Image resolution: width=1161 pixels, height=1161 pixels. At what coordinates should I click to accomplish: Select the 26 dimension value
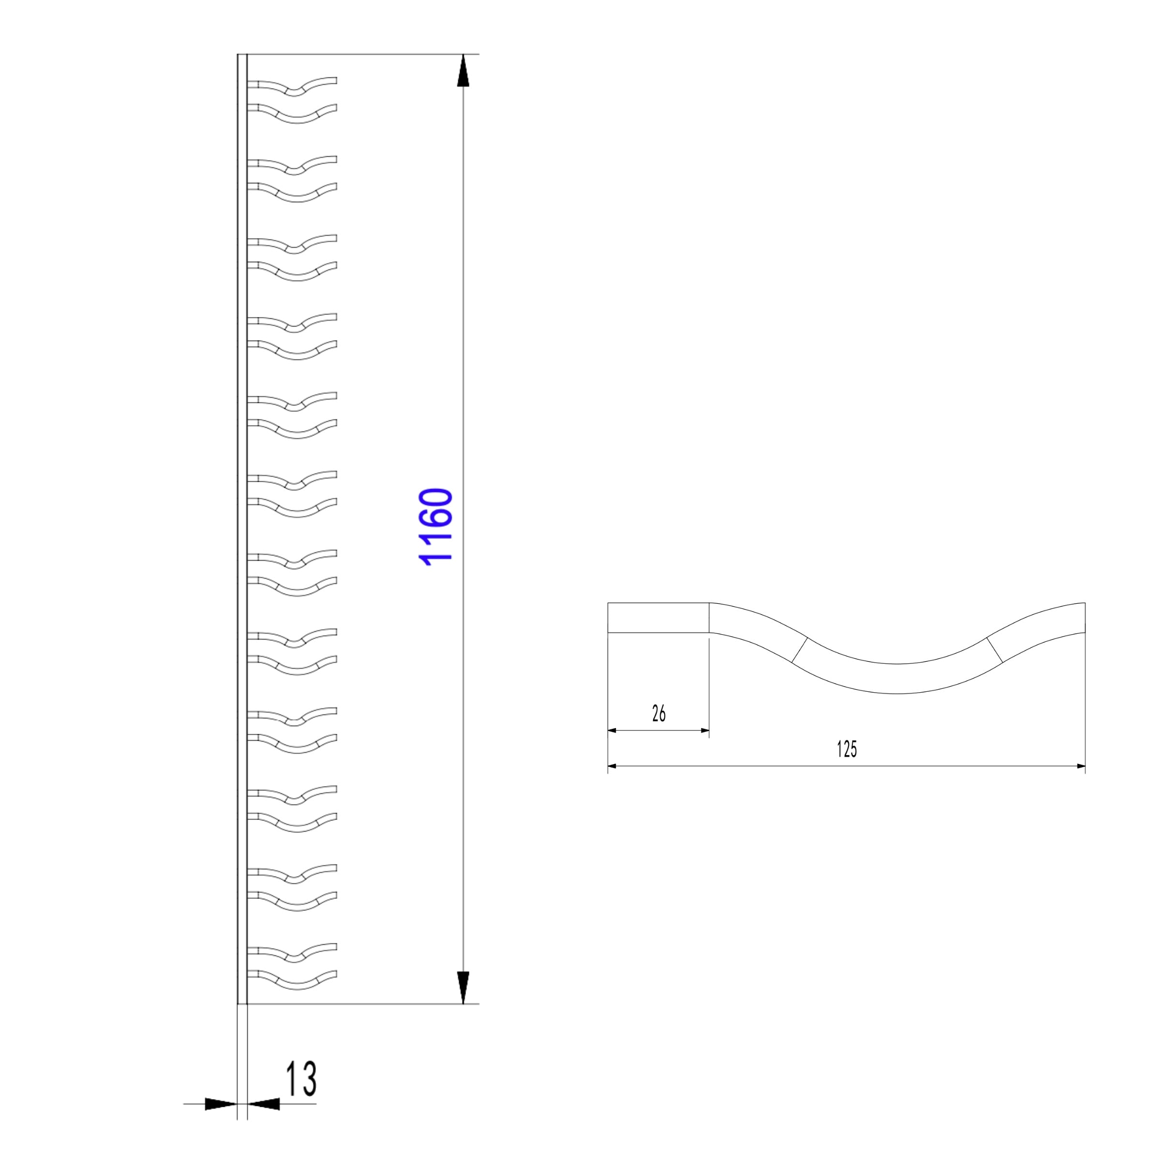pyautogui.click(x=658, y=714)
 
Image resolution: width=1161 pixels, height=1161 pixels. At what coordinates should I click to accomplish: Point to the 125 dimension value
pyautogui.click(x=846, y=749)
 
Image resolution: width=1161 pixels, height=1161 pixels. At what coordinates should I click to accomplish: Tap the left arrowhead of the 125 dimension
pyautogui.click(x=612, y=766)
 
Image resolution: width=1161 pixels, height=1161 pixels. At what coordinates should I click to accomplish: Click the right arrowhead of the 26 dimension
pyautogui.click(x=705, y=730)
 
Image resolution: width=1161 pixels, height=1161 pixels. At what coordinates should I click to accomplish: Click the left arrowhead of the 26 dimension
pyautogui.click(x=612, y=730)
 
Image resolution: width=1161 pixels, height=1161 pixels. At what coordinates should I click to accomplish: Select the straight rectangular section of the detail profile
pyautogui.click(x=658, y=617)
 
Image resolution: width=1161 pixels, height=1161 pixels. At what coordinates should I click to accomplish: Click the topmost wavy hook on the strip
pyautogui.click(x=292, y=87)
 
